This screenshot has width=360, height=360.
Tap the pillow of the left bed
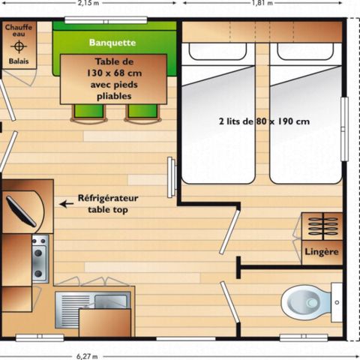[x=217, y=52]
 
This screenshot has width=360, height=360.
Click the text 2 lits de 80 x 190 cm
[x=264, y=121]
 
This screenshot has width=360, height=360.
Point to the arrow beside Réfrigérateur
[x=67, y=202]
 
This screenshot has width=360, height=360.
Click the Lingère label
[x=322, y=251]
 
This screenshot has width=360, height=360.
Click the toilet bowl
[x=306, y=304]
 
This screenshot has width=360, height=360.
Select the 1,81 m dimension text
[x=262, y=3]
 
